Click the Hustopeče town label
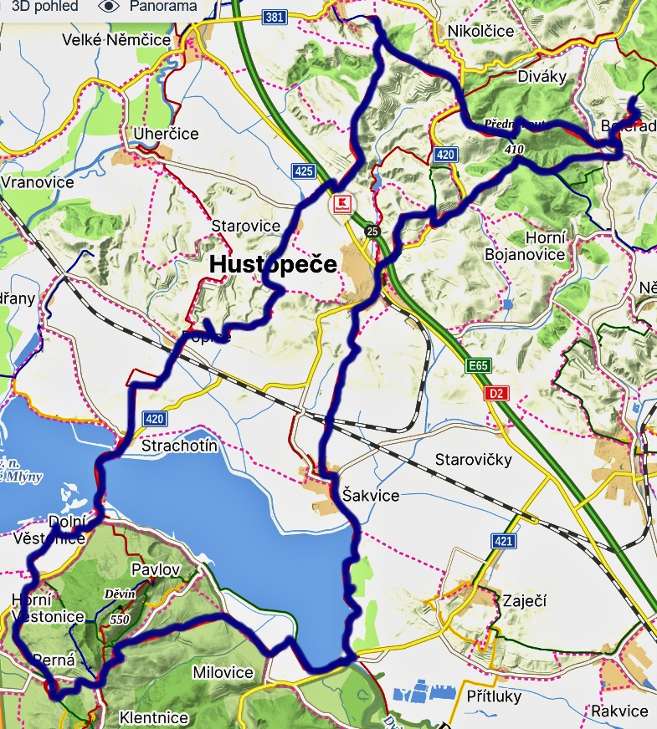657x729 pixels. tap(273, 264)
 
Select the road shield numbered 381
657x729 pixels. tap(273, 17)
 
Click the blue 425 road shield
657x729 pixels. tap(304, 171)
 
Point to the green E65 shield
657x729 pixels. tap(478, 366)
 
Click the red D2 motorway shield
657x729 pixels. tap(497, 393)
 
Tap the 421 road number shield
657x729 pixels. tap(503, 542)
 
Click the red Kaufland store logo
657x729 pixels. tap(341, 203)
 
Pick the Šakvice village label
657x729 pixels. tap(371, 495)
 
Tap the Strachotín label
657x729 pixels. tap(180, 446)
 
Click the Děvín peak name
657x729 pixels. tap(119, 594)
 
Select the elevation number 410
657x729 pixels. tap(515, 148)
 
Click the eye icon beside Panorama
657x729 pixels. tap(109, 6)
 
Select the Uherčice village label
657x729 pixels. tap(167, 134)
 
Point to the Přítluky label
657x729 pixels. tap(495, 696)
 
